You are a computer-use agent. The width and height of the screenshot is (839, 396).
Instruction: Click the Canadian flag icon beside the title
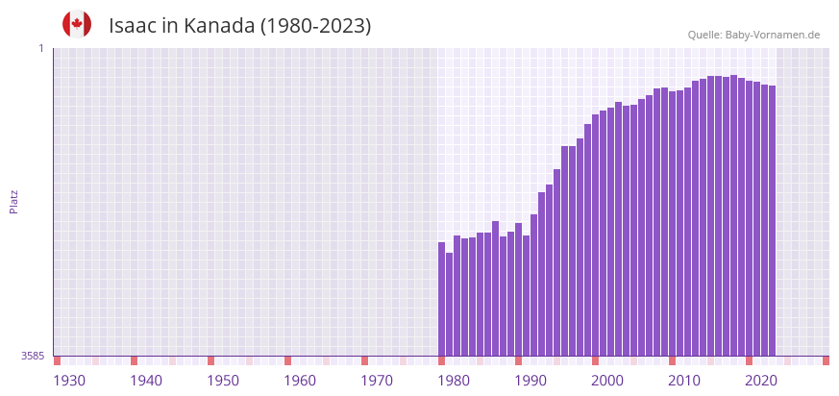(77, 25)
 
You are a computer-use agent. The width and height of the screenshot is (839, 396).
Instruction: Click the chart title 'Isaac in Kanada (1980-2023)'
(239, 26)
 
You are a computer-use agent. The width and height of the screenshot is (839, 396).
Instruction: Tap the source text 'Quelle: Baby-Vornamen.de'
(753, 35)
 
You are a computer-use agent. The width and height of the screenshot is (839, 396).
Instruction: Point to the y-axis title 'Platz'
(13, 202)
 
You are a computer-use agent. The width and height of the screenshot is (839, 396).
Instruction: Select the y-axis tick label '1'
(41, 48)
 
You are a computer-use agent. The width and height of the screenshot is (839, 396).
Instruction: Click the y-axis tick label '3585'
(33, 356)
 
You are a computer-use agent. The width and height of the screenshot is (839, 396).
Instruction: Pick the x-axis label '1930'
(69, 381)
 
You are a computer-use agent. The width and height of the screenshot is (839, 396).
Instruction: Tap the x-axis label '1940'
(146, 381)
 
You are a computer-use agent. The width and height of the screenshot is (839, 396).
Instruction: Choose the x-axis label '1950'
(223, 381)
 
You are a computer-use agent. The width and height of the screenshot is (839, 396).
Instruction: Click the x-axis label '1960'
(300, 381)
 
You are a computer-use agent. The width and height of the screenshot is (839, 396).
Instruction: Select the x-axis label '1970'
(377, 381)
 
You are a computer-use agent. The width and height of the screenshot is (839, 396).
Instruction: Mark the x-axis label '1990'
(531, 381)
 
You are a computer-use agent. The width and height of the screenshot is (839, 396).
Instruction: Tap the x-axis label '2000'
(607, 381)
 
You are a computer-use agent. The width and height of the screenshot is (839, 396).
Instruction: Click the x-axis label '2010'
(684, 381)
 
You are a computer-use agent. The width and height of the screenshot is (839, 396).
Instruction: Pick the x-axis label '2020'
(761, 381)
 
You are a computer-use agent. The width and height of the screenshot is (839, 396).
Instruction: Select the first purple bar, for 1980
(442, 299)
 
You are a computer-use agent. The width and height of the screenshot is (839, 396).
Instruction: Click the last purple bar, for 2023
(772, 221)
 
